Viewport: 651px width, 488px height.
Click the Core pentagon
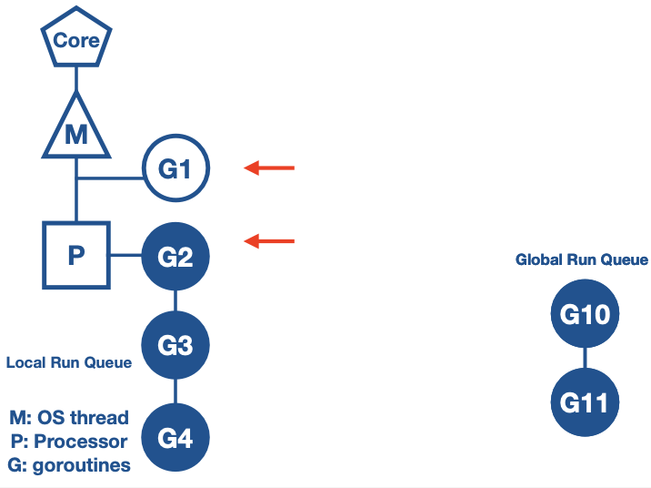click(x=76, y=41)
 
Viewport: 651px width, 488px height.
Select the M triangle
click(x=76, y=131)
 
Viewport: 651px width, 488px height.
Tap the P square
click(x=76, y=256)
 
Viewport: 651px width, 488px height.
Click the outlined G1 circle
click(x=175, y=168)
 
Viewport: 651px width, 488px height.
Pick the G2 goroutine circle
click(x=175, y=257)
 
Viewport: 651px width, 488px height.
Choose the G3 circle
click(x=175, y=346)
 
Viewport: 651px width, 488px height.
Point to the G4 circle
click(x=175, y=438)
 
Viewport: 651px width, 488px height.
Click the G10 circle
click(x=584, y=315)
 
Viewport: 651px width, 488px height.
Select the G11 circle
click(x=584, y=402)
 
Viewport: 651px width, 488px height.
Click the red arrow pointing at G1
click(x=270, y=168)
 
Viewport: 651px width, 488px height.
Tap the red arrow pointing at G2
click(x=270, y=241)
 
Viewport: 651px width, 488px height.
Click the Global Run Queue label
click(x=582, y=260)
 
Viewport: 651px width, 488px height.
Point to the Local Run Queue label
click(x=69, y=362)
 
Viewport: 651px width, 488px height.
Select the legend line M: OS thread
click(x=69, y=418)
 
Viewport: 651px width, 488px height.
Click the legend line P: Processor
click(x=69, y=442)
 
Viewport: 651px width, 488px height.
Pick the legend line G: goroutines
click(x=69, y=465)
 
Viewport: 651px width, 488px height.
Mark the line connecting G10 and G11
click(x=584, y=359)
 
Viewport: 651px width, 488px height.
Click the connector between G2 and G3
click(x=175, y=301)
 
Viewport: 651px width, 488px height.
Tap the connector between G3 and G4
click(x=175, y=391)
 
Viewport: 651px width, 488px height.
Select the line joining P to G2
click(x=125, y=256)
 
